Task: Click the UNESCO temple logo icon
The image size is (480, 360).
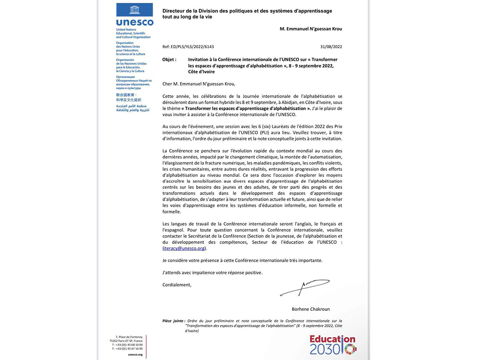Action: (x=135, y=10)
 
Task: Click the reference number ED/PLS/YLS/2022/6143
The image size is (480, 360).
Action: (x=188, y=47)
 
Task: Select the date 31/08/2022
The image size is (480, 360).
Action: (x=331, y=47)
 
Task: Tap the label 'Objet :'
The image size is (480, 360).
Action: (x=169, y=60)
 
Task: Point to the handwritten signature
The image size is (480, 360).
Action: (x=305, y=287)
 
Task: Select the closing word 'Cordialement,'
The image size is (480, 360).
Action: (x=177, y=285)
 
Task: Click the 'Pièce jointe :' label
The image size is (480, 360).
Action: (x=174, y=321)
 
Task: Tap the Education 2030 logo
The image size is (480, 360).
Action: (x=333, y=345)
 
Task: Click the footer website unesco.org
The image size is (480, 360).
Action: (x=135, y=354)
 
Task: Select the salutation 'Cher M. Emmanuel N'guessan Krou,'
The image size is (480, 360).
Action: (x=199, y=84)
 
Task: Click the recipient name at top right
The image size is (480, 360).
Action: (x=311, y=29)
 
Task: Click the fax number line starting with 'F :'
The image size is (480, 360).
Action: (x=127, y=349)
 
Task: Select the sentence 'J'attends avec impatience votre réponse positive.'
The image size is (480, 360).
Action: (x=212, y=272)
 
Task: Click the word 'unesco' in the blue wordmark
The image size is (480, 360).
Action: (x=135, y=22)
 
